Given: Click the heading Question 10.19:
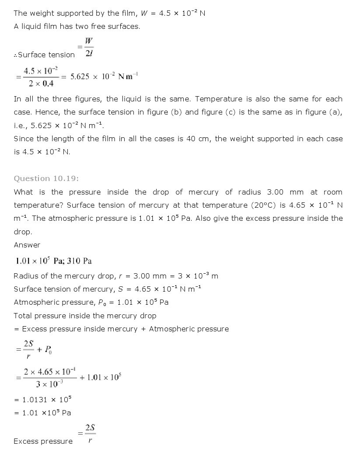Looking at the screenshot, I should point(46,178).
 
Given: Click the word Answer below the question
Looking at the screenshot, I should point(27,245).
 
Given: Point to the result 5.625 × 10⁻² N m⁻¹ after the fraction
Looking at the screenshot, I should point(104,77).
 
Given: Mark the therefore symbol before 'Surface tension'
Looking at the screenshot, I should point(15,55).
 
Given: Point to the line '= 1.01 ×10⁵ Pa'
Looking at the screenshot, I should point(42,412).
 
